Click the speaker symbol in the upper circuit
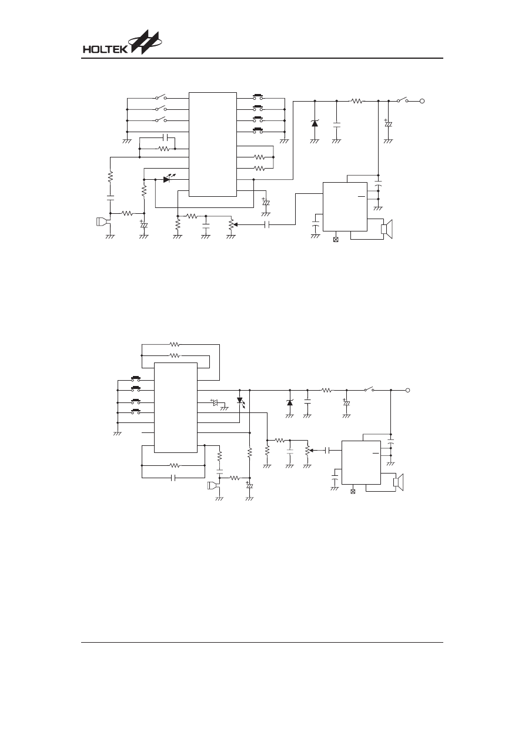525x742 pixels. (387, 229)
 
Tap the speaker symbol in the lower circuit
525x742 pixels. (399, 482)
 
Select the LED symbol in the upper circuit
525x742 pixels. (169, 179)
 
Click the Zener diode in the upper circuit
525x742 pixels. (315, 123)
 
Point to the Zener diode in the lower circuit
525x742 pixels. (290, 403)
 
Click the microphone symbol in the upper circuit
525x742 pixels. (103, 221)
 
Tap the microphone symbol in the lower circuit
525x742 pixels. (213, 486)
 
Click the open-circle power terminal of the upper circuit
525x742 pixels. (422, 101)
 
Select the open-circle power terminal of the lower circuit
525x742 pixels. (407, 390)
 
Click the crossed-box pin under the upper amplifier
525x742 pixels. (336, 240)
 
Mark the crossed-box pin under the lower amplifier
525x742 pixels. (353, 492)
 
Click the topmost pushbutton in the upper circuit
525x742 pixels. (258, 97)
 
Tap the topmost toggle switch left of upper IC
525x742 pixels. (160, 98)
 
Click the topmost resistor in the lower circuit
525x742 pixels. (175, 344)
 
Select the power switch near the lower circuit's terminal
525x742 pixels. (370, 390)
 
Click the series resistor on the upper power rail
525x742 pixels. (357, 100)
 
